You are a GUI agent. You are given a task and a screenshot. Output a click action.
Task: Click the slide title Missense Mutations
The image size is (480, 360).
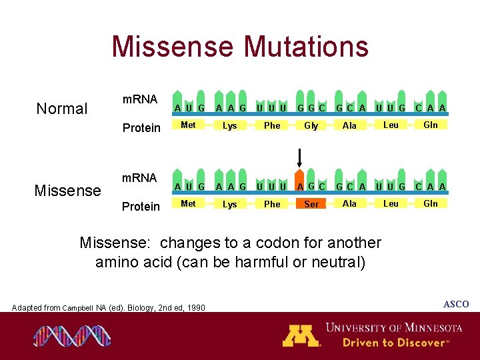[240, 47]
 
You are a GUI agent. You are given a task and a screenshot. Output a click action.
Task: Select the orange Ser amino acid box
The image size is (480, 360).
[311, 204]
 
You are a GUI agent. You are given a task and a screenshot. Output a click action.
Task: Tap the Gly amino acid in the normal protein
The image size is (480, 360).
[311, 125]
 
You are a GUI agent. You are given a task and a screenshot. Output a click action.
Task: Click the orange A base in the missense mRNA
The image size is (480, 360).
[301, 187]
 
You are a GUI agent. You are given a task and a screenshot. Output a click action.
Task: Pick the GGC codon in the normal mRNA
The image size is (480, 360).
[311, 108]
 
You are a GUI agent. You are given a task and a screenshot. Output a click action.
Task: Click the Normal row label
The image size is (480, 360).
[62, 109]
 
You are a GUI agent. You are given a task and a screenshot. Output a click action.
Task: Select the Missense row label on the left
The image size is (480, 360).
[67, 191]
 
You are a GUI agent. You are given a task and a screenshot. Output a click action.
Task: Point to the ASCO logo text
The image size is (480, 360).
[456, 305]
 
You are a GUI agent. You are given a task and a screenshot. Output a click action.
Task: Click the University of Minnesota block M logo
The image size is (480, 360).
[301, 335]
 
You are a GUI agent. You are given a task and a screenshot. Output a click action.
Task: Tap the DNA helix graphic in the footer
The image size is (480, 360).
[72, 336]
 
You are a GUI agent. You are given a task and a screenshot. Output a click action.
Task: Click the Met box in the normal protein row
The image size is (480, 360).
[189, 125]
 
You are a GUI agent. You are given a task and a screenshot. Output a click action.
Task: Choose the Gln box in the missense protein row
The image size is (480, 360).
[431, 203]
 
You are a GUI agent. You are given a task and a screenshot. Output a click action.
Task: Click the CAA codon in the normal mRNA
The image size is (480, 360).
[431, 108]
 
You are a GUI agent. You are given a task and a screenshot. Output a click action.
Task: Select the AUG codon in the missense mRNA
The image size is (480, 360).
[189, 187]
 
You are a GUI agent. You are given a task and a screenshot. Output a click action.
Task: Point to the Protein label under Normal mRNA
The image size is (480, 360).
[141, 128]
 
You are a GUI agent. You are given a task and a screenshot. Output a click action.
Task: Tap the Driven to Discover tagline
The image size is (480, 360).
[393, 343]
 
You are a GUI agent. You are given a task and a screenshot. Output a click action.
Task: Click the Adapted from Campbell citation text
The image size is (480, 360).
[109, 307]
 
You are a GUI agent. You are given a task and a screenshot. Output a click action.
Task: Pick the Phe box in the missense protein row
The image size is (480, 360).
[272, 204]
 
